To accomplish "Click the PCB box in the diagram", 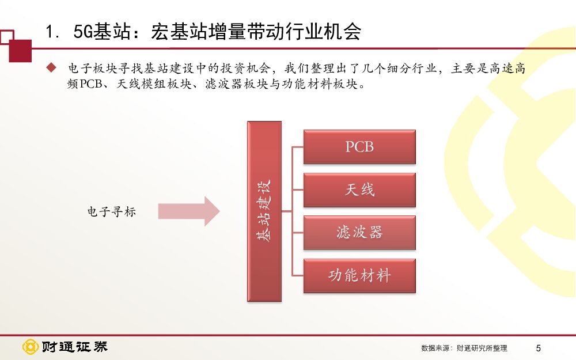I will point(359,146).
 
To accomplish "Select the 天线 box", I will point(359,190).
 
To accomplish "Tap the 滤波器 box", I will point(359,232).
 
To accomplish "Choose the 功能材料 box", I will point(359,275).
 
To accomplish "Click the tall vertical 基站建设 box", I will point(264,211).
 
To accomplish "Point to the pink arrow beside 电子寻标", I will point(189,211).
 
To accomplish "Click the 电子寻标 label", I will point(111,211).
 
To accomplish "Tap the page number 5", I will point(538,348).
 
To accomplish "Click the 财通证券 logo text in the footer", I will point(74,347).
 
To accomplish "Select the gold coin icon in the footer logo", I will point(30,347).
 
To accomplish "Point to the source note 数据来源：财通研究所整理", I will point(464,348).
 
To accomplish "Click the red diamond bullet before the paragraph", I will point(51,68).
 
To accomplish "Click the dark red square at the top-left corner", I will point(20,51).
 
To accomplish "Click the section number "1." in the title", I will point(54,32).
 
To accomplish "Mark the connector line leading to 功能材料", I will point(297,275).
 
